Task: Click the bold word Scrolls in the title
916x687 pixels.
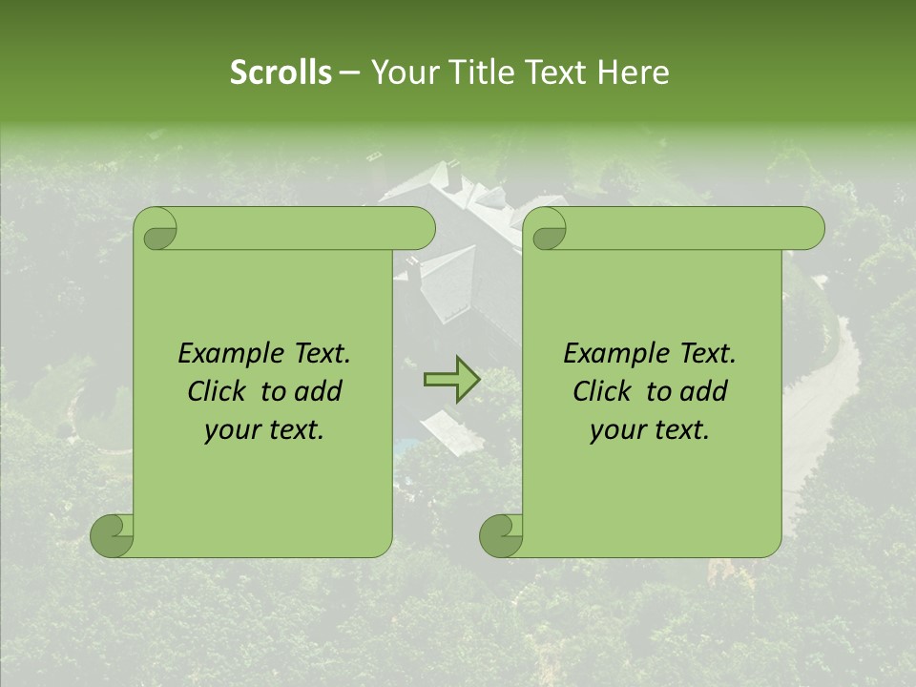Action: pyautogui.click(x=281, y=73)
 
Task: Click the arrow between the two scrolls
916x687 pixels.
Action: pyautogui.click(x=451, y=379)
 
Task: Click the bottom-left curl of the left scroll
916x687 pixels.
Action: pyautogui.click(x=113, y=535)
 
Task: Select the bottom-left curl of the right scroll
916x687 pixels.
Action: pyautogui.click(x=501, y=535)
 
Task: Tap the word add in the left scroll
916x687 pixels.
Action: pyautogui.click(x=319, y=391)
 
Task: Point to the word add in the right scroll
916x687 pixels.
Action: pyautogui.click(x=704, y=391)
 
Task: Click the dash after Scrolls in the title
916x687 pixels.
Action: pyautogui.click(x=349, y=73)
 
